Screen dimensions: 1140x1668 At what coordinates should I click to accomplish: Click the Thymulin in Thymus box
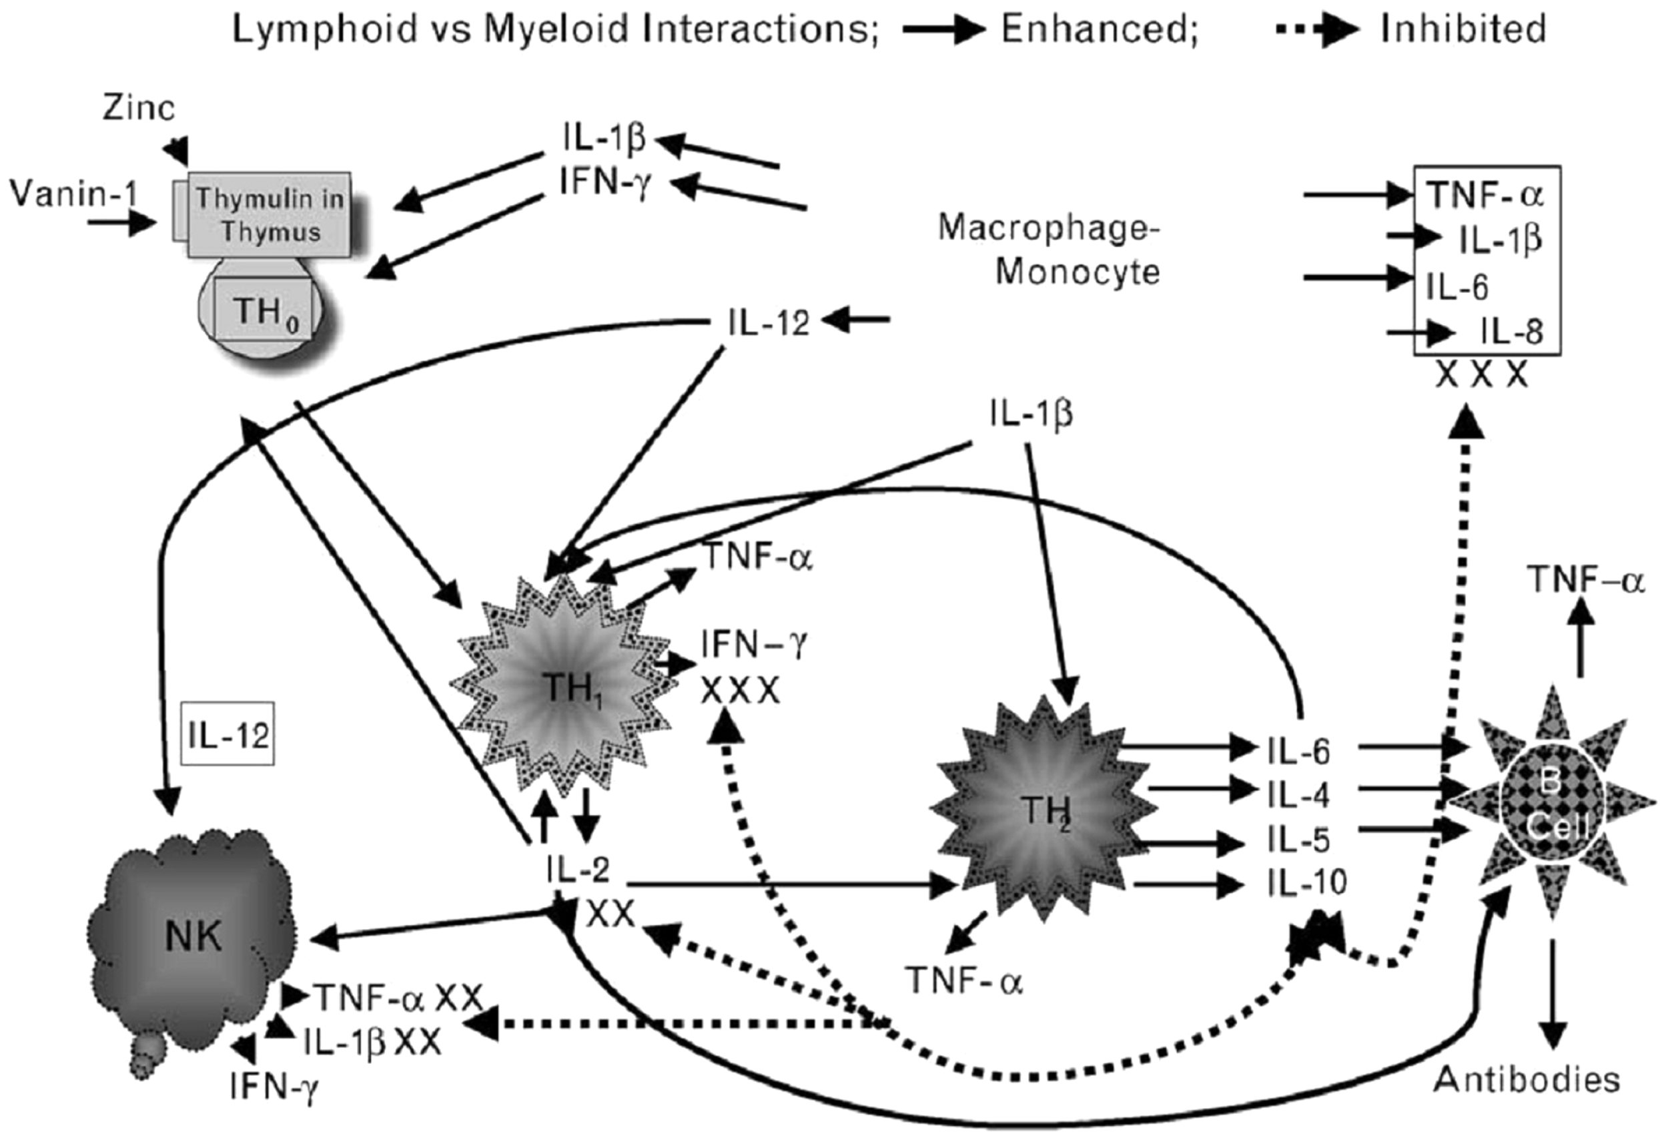270,215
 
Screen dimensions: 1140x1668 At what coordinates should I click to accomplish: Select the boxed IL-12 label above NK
228,734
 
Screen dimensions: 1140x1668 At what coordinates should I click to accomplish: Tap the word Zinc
138,108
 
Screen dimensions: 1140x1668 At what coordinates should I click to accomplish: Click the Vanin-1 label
73,194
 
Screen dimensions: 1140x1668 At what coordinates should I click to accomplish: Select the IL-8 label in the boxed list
1511,332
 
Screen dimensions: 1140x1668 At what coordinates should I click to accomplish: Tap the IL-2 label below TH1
578,871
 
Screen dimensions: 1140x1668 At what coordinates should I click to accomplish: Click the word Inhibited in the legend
1463,29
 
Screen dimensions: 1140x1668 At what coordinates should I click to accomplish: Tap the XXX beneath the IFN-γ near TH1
739,691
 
